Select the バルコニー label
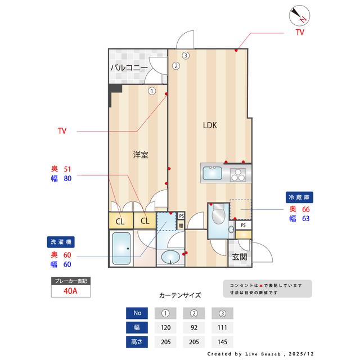[x=129, y=67]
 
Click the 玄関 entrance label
[x=239, y=257]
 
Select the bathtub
[x=121, y=248]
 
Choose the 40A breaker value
[x=70, y=291]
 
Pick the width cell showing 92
[x=194, y=327]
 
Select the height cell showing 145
[x=223, y=341]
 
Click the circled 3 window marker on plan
[x=186, y=55]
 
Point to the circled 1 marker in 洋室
[x=152, y=90]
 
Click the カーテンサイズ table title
[x=179, y=295]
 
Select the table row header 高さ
[x=138, y=341]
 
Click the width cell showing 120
[x=165, y=327]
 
